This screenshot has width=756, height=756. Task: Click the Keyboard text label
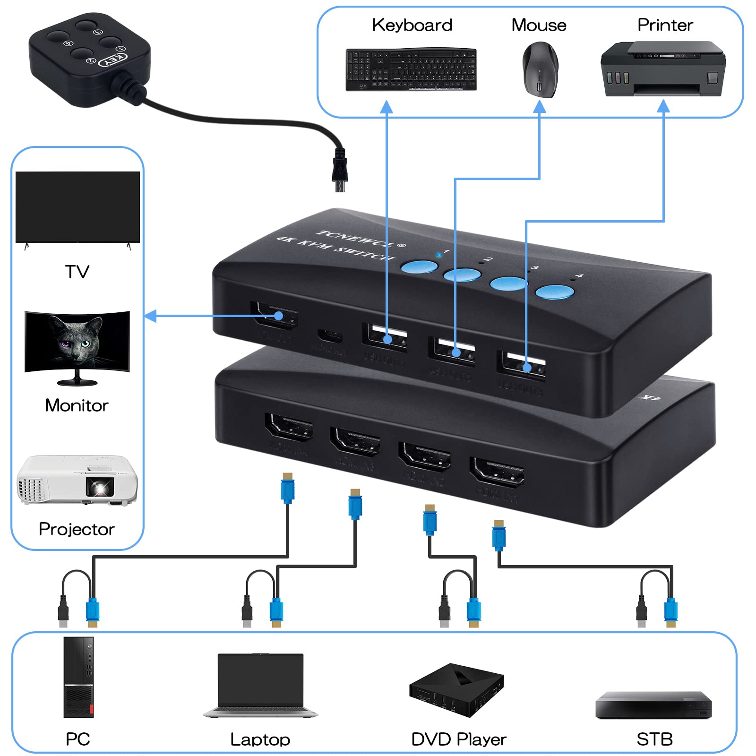tap(412, 25)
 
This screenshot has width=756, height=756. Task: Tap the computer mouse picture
tap(540, 69)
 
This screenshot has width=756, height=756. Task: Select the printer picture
tap(662, 69)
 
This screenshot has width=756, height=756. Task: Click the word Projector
tap(77, 529)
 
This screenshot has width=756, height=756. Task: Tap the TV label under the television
tap(77, 272)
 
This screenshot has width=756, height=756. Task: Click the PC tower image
tap(78, 677)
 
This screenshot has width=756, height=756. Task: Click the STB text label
tap(654, 739)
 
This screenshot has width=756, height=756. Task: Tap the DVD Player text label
tap(458, 739)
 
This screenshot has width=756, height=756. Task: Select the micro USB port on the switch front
tap(330, 336)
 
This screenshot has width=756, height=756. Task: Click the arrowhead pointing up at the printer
tap(663, 106)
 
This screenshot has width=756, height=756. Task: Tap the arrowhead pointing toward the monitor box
tap(150, 316)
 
